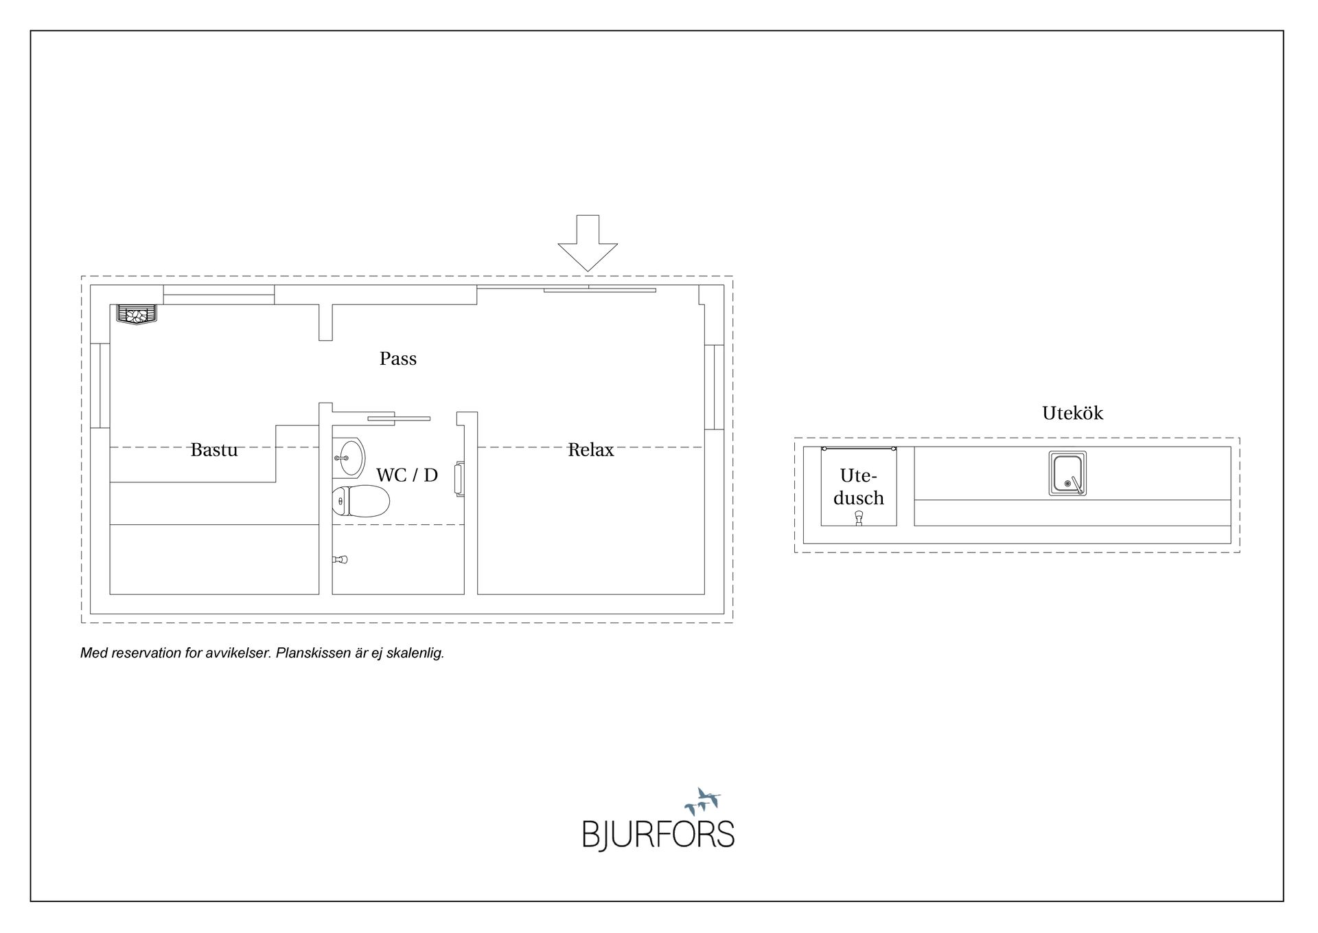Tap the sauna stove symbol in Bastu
[x=136, y=315]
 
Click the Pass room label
[x=398, y=359]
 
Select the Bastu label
[x=214, y=449]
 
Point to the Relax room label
[x=590, y=449]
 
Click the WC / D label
[x=407, y=475]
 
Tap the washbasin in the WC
[x=349, y=458]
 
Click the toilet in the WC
[x=361, y=501]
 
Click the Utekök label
[x=1072, y=413]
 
